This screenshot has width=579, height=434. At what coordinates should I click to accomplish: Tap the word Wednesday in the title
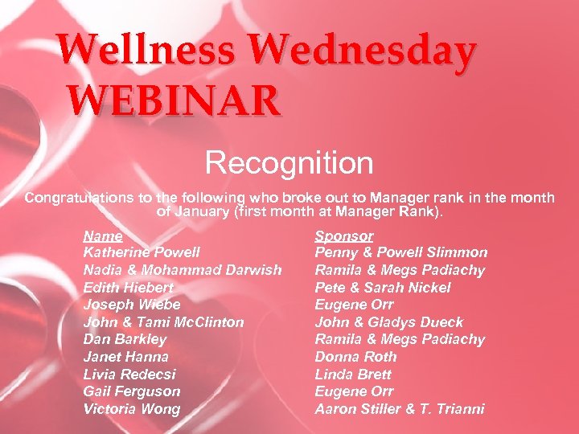click(x=362, y=51)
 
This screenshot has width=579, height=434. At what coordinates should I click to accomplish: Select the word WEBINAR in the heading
click(x=174, y=101)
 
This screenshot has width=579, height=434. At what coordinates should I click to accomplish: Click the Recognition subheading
click(x=289, y=163)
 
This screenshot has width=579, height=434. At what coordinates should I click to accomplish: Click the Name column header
click(x=103, y=235)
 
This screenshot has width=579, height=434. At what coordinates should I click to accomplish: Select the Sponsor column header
click(x=343, y=235)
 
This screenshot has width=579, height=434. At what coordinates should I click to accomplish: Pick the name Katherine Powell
click(x=142, y=252)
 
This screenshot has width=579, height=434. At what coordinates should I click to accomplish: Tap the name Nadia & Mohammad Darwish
click(x=183, y=270)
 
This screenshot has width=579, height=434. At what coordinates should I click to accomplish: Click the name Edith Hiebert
click(x=128, y=288)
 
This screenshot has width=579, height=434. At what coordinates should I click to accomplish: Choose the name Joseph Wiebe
click(x=132, y=305)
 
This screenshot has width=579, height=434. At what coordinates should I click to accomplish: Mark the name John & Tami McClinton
click(x=163, y=322)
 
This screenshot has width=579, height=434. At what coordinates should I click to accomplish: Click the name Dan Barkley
click(x=125, y=339)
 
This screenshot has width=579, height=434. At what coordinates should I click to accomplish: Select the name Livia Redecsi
click(x=129, y=375)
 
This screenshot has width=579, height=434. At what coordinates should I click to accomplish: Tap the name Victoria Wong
click(x=132, y=409)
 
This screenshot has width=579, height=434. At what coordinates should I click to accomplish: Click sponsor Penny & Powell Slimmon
click(x=400, y=252)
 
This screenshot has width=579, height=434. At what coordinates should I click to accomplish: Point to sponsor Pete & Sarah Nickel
click(x=382, y=288)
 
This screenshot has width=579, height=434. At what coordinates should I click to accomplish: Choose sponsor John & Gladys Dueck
click(x=388, y=322)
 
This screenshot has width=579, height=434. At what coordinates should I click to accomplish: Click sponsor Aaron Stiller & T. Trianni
click(x=399, y=409)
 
